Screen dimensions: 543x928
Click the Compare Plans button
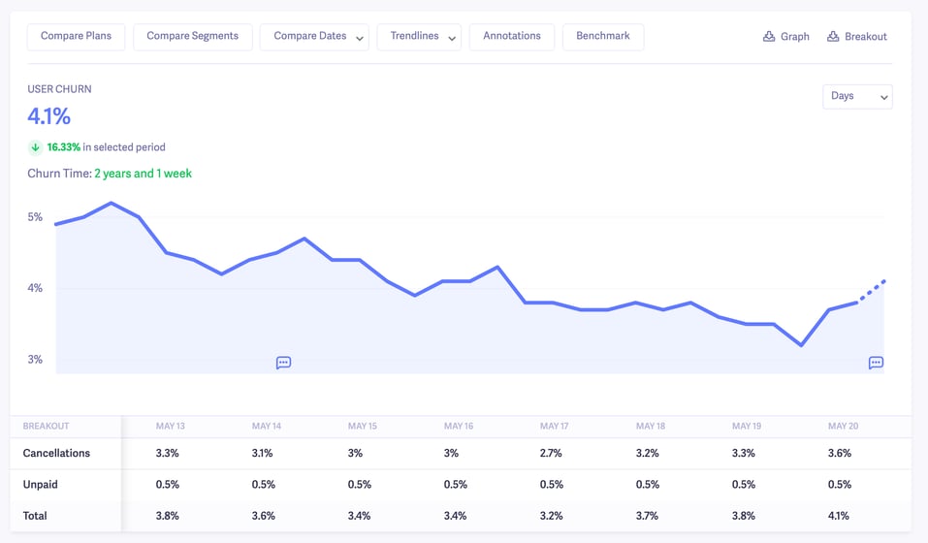[x=76, y=37]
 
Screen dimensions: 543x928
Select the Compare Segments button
[x=192, y=37]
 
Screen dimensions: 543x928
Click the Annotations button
[x=512, y=37]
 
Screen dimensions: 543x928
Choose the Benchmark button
[x=602, y=37]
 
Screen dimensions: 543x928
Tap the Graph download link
[x=786, y=37]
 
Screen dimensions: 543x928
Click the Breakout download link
[x=857, y=37]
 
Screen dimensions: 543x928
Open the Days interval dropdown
[x=857, y=96]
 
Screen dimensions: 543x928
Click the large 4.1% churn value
[x=49, y=117]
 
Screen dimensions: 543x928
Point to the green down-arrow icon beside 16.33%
[x=36, y=147]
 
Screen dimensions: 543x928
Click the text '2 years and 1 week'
[x=143, y=174]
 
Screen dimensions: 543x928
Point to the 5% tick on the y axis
[x=35, y=217]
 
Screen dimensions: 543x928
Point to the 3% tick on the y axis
[x=35, y=360]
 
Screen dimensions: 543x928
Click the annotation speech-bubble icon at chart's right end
[x=876, y=363]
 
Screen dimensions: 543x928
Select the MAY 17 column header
[x=555, y=427]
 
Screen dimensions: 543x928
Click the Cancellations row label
[x=56, y=453]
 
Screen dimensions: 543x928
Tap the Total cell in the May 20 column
[x=841, y=516]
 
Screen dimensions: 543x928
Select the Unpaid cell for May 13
[x=168, y=485]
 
